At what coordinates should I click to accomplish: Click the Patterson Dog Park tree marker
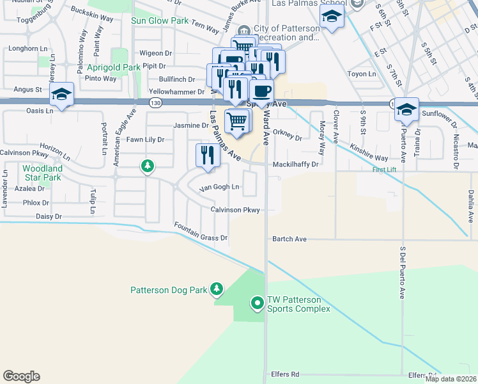[x=217, y=290]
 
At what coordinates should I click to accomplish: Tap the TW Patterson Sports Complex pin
[x=258, y=303]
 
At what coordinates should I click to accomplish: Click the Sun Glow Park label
[x=160, y=20]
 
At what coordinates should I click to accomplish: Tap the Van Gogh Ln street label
[x=219, y=188]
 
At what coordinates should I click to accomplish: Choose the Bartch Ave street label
[x=289, y=239]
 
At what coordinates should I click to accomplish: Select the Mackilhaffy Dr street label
[x=295, y=164]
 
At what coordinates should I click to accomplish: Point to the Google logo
[x=21, y=376]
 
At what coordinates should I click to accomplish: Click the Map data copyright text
[x=451, y=379]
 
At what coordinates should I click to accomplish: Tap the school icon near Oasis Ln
[x=61, y=95]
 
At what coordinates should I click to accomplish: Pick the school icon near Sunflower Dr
[x=406, y=110]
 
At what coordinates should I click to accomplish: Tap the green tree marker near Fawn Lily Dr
[x=148, y=167]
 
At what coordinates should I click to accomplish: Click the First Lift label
[x=385, y=170]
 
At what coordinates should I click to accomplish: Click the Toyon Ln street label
[x=362, y=74]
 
